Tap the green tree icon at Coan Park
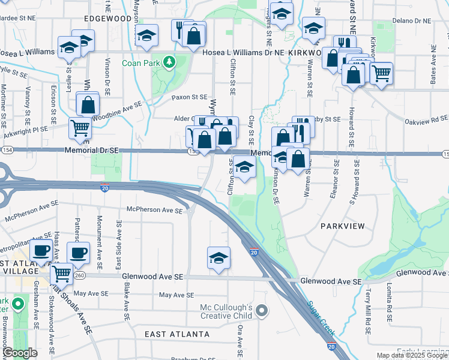[170, 61]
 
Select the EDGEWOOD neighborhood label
[108, 19]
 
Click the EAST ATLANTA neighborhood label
[178, 334]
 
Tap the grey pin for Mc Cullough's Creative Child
[261, 310]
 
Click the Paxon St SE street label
[189, 97]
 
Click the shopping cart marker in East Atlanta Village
[61, 274]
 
